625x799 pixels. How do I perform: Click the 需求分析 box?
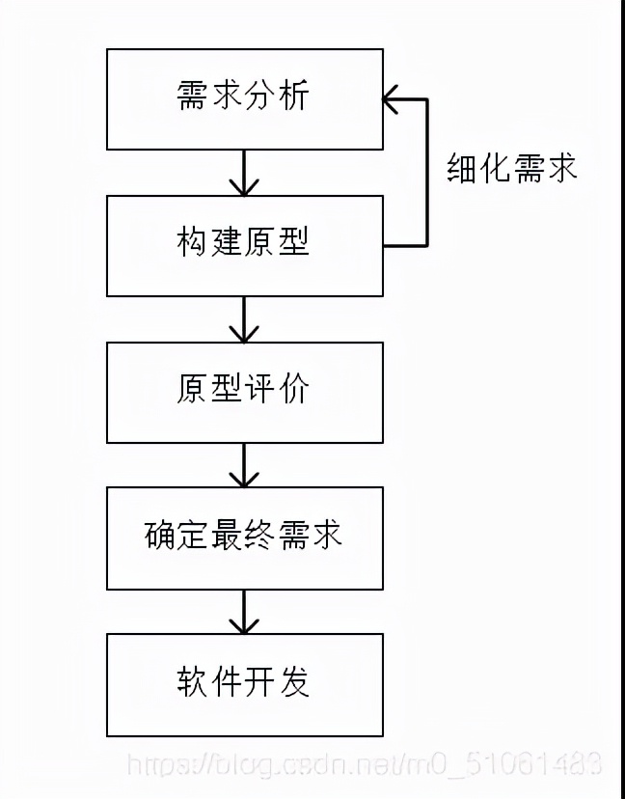pyautogui.click(x=244, y=99)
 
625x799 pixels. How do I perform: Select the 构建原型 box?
pyautogui.click(x=244, y=245)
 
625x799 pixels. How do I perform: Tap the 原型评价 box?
pyautogui.click(x=244, y=392)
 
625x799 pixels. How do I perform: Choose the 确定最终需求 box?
pyautogui.click(x=244, y=537)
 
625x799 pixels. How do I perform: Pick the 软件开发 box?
pyautogui.click(x=244, y=684)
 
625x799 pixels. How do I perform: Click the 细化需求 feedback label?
pyautogui.click(x=512, y=168)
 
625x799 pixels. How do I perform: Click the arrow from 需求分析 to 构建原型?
pyautogui.click(x=244, y=174)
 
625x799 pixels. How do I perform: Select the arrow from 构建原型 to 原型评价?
pyautogui.click(x=244, y=319)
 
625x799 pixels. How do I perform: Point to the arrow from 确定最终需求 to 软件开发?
pyautogui.click(x=244, y=612)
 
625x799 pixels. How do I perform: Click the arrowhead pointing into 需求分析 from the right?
pyautogui.click(x=392, y=98)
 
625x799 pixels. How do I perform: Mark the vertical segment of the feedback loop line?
pyautogui.click(x=425, y=174)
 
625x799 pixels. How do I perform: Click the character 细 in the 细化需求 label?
pyautogui.click(x=463, y=168)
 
